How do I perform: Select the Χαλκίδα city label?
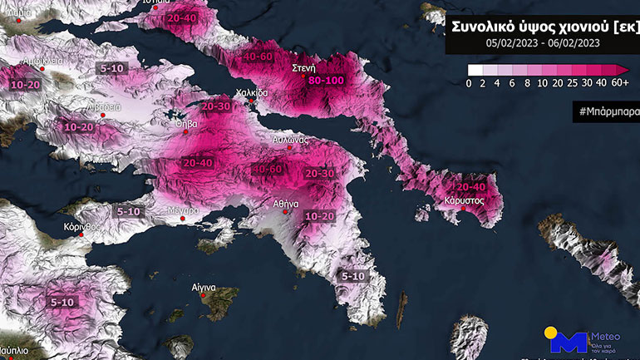[253, 92]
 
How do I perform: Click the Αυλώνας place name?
[292, 141]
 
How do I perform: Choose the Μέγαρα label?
[187, 210]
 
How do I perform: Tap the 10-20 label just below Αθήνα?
[320, 216]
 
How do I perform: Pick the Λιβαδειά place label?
[105, 107]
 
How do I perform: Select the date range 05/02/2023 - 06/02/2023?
[542, 42]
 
